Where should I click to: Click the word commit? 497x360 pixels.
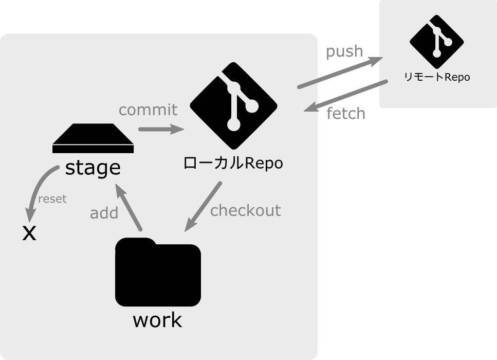[x=148, y=110]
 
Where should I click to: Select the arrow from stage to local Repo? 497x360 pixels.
[x=161, y=129]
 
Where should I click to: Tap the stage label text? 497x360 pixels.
[x=93, y=167]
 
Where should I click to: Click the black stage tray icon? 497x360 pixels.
[x=93, y=140]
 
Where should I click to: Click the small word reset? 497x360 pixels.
[x=52, y=199]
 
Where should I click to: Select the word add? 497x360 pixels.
[x=104, y=213]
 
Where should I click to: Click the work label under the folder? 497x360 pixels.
[x=157, y=320]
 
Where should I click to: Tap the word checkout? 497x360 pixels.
[x=245, y=210]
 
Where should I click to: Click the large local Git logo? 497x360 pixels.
[x=233, y=105]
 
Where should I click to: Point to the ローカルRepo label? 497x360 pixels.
[x=233, y=163]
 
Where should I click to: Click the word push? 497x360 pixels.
[x=344, y=51]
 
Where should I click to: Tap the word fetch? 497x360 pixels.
[x=346, y=113]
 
